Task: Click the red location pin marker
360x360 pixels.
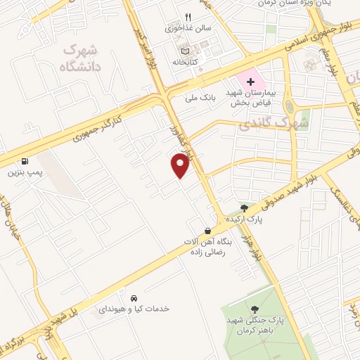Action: coord(181,165)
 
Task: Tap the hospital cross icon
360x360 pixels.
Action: coord(250,82)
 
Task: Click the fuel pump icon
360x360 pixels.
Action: coord(26,160)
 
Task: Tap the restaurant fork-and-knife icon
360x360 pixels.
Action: coord(188,17)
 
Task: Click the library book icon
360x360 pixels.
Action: coord(185,51)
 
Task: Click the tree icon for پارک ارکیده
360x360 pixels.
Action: coord(244,208)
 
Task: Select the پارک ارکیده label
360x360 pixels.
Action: coord(243,220)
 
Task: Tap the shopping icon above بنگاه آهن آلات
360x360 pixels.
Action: coord(207,231)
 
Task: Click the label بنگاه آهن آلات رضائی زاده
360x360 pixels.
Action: coord(207,247)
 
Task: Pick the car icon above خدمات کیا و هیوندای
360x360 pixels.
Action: coord(134,297)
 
